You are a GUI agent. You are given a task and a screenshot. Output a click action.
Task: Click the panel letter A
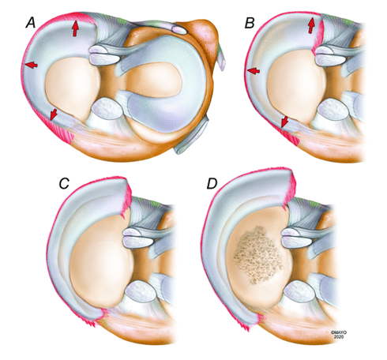point(31,23)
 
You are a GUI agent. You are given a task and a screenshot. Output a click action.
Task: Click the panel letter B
point(250,23)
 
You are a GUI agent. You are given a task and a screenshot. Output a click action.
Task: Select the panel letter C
point(64,183)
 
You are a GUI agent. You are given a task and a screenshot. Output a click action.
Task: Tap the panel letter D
point(212,184)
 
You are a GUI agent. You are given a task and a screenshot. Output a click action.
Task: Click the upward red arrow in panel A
point(76,28)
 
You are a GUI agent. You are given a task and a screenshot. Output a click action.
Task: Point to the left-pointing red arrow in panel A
point(31,65)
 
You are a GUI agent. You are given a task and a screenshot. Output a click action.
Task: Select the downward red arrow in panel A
point(54,114)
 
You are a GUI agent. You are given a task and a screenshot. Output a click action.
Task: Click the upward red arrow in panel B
point(311,25)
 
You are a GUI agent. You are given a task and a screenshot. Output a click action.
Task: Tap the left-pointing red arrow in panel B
point(254,70)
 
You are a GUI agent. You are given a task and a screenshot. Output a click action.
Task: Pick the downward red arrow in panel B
point(284,122)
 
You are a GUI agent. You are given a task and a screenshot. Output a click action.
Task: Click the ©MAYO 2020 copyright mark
point(339,335)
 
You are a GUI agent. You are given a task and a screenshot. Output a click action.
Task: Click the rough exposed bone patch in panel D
point(258,255)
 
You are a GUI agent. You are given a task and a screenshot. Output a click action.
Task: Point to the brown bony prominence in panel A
point(206,34)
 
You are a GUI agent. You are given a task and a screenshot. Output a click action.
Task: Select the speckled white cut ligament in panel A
point(107,108)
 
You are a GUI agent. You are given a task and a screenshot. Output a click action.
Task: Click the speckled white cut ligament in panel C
point(141,291)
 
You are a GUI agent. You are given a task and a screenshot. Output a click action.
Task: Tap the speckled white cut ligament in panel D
point(299,291)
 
